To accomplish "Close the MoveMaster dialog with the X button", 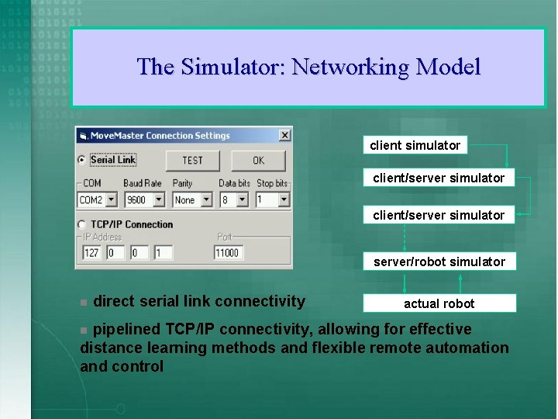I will pos(284,135).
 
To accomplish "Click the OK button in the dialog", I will pos(258,161).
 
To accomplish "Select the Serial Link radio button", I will pos(82,161).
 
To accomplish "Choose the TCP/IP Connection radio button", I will pos(82,224).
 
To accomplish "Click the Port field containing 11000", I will pos(228,253).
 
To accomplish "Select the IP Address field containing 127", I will pos(92,253).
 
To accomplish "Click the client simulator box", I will pos(415,145).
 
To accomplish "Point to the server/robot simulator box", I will pos(439,261).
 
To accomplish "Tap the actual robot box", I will pos(439,303).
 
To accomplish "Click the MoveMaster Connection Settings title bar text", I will pos(160,136).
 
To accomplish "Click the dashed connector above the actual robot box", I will pos(439,282).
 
